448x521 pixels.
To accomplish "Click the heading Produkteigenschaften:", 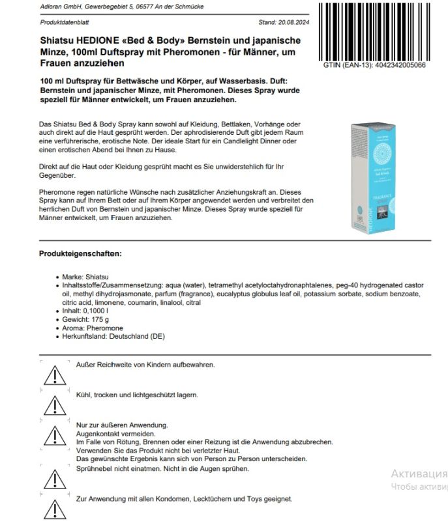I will pyautogui.click(x=80, y=253).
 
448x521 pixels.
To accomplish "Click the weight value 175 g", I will pyautogui.click(x=101, y=320).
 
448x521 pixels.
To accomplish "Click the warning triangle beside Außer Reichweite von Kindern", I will pyautogui.click(x=50, y=374).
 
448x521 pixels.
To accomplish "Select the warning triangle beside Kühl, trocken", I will pyautogui.click(x=50, y=405).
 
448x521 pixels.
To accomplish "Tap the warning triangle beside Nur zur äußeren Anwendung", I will pyautogui.click(x=50, y=436).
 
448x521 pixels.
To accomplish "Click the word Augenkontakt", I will pyautogui.click(x=98, y=433).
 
